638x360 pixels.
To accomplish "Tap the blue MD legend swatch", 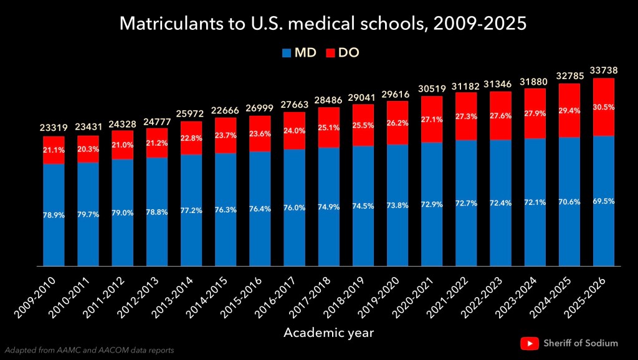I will click(287, 53).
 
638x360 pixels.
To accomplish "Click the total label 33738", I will click(602, 70).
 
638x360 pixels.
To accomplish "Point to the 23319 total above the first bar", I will click(54, 129).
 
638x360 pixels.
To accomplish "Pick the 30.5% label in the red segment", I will click(603, 107).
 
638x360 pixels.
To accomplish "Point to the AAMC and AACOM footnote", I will click(88, 349).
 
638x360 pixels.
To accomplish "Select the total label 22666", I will click(225, 111).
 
